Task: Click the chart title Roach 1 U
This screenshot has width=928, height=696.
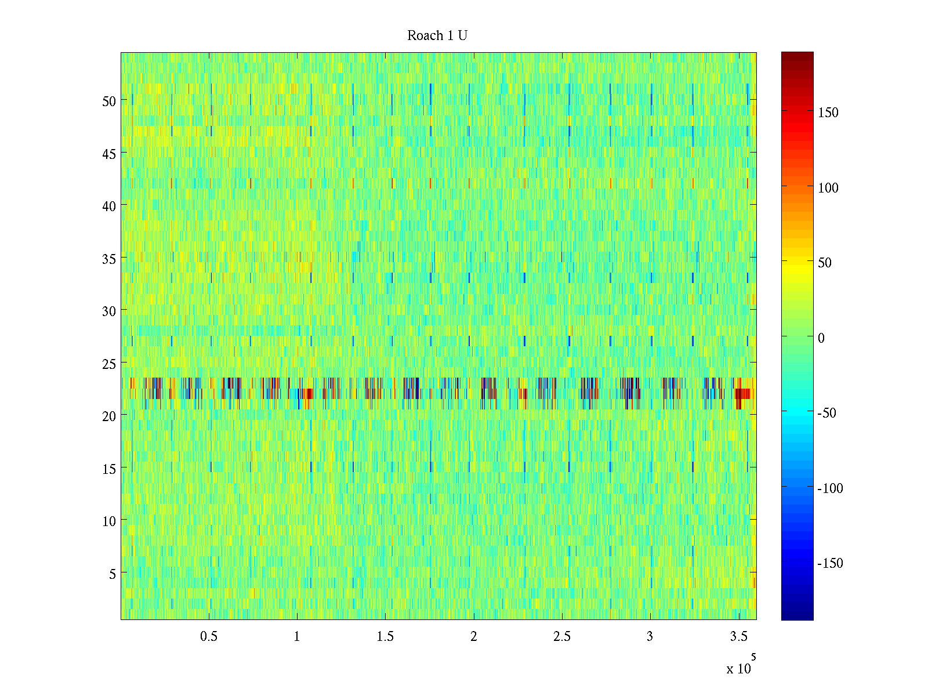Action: [437, 36]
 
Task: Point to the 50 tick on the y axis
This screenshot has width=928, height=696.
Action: [109, 101]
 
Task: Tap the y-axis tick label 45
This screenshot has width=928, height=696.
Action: [109, 154]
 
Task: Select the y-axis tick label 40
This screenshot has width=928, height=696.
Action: [109, 206]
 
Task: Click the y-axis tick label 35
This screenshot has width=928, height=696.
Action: [109, 259]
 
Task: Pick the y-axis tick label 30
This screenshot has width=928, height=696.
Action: [109, 311]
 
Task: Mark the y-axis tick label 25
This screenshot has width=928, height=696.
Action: [109, 364]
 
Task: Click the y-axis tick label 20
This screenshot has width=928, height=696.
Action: [109, 416]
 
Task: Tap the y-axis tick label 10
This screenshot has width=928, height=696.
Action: [109, 521]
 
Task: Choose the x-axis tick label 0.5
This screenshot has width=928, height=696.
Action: [209, 637]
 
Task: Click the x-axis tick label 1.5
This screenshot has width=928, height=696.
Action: [385, 637]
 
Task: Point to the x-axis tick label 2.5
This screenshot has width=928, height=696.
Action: [561, 637]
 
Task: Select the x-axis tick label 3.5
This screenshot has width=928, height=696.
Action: [738, 637]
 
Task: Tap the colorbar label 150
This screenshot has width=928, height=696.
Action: [828, 113]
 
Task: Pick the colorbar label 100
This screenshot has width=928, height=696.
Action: [828, 188]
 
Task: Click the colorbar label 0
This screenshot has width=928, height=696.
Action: [821, 338]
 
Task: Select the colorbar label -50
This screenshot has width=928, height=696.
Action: [826, 413]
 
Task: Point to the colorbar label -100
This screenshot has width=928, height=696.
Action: [830, 488]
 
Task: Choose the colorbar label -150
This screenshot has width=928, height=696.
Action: [830, 563]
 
